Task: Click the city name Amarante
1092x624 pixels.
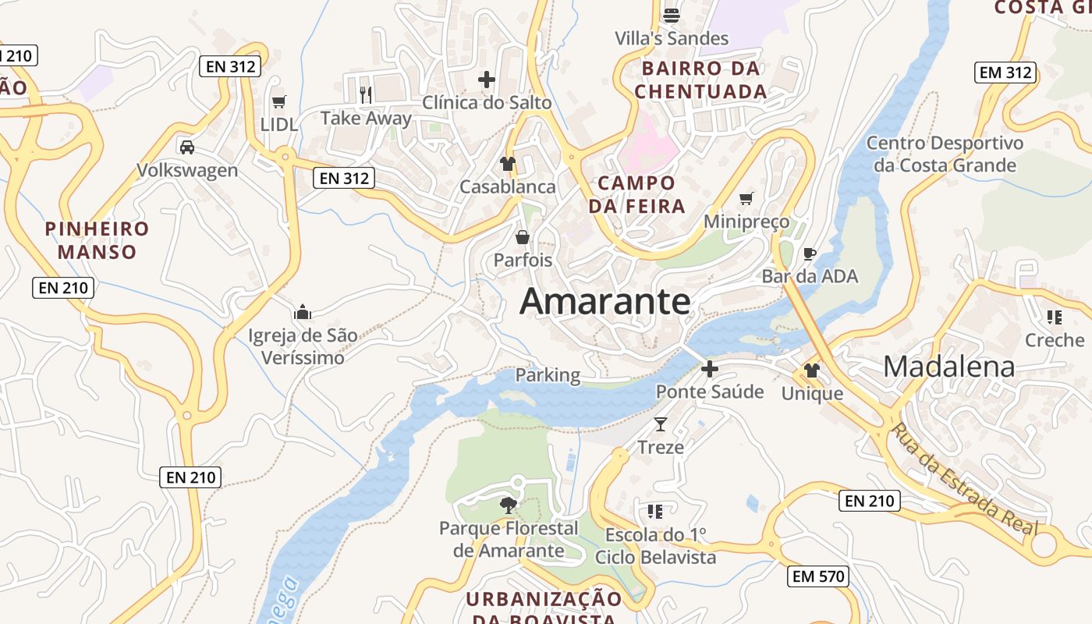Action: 605,302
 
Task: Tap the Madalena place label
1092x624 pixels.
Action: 949,367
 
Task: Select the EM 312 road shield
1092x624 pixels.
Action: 1006,73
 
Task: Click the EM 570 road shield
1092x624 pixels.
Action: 817,576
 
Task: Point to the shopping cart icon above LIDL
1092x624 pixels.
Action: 279,101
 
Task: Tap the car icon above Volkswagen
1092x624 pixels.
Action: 187,147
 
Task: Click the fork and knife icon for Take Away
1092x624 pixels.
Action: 366,95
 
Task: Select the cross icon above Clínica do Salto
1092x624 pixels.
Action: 487,79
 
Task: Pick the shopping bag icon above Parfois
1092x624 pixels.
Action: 523,236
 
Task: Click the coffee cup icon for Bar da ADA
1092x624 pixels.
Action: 810,253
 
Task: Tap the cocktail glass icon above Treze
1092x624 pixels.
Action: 661,424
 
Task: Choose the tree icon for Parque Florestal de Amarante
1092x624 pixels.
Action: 509,505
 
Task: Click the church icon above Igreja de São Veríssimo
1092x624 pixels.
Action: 303,313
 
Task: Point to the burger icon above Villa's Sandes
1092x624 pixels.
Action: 672,15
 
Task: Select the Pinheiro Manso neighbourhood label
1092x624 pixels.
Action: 97,240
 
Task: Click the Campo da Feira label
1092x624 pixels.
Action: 636,194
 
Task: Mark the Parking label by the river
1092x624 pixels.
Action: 548,375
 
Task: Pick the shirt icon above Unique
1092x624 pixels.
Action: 812,370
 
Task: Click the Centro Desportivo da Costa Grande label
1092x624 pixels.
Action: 945,154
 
